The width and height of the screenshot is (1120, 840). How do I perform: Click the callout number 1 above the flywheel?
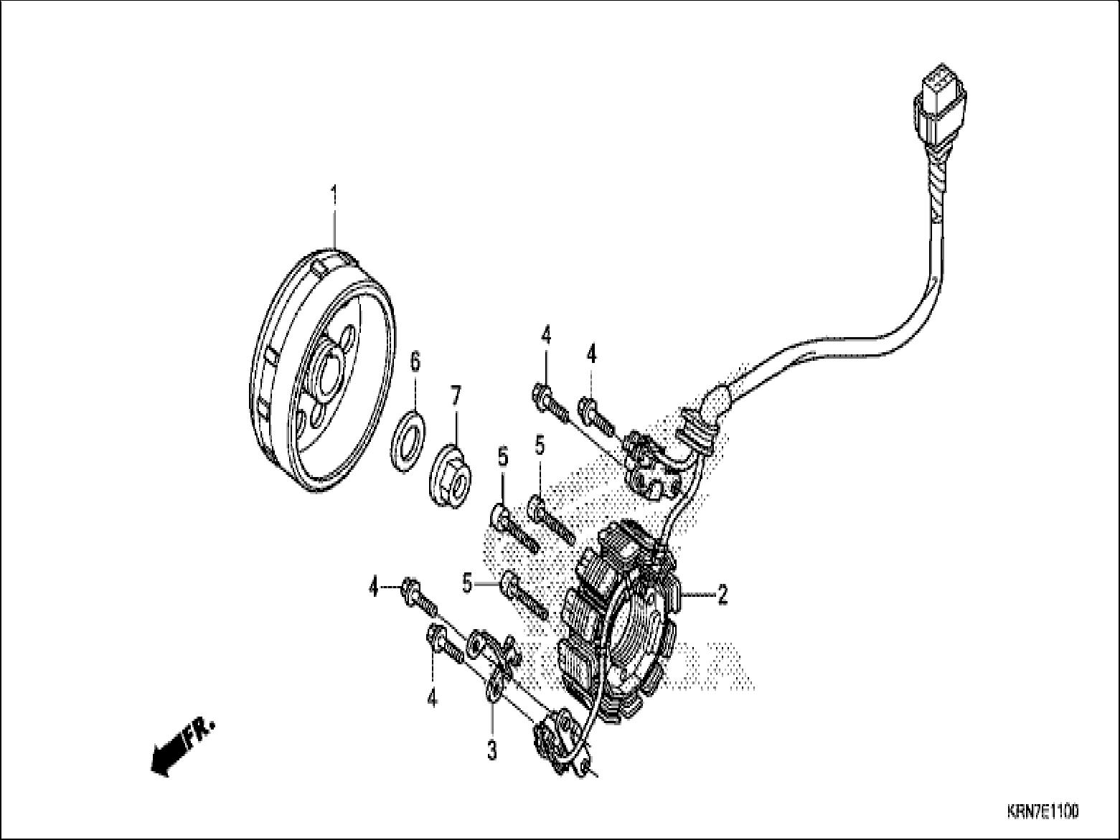tap(333, 174)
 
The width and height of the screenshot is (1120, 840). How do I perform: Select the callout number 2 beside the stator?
tap(723, 594)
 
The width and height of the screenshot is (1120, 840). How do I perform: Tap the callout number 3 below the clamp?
tap(491, 750)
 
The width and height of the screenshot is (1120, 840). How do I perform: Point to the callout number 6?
tap(415, 362)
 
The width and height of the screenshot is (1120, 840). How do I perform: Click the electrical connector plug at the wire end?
tap(940, 108)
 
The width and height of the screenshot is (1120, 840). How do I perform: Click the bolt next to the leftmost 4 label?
tap(420, 596)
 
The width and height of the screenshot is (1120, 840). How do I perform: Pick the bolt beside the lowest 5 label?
tap(524, 594)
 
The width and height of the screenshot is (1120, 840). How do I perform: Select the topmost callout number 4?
tap(546, 334)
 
